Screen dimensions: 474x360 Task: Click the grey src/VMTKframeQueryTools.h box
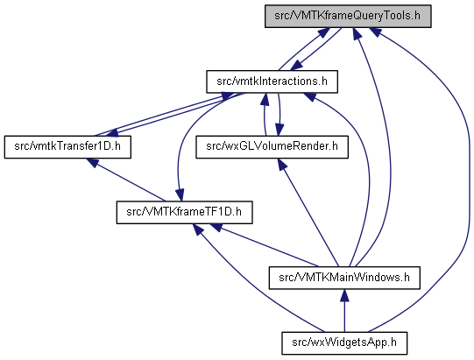(348, 16)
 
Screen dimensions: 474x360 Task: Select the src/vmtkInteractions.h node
(272, 81)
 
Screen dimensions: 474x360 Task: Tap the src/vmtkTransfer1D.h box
(67, 147)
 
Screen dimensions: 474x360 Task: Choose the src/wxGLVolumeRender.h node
(272, 147)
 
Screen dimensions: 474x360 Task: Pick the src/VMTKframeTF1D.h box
(184, 212)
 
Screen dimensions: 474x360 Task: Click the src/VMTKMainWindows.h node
(344, 278)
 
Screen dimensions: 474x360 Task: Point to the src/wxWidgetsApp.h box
(344, 343)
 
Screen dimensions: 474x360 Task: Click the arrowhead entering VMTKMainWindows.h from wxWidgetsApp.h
(344, 295)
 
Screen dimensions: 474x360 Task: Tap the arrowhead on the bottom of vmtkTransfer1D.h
(93, 163)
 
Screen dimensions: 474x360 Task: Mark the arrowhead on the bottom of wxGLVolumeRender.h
(282, 164)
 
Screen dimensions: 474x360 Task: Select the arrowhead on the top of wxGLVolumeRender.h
(279, 130)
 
